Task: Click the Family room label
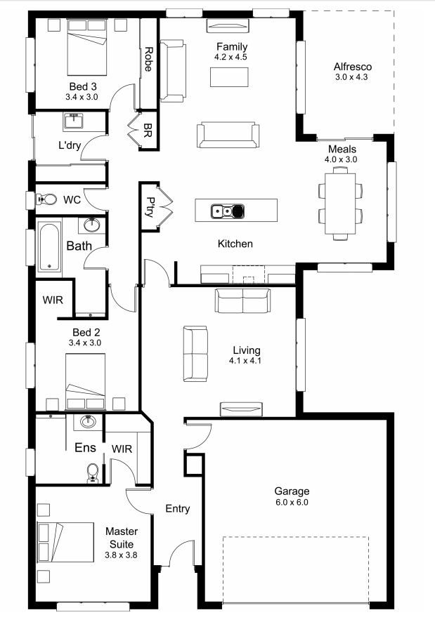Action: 232,47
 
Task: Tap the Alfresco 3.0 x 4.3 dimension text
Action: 351,77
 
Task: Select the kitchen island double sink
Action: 227,211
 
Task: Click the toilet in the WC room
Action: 47,199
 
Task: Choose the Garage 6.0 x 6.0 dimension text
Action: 292,503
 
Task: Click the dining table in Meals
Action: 340,204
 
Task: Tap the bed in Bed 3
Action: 87,47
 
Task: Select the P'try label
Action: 150,207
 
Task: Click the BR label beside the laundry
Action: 148,130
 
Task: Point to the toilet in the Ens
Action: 92,473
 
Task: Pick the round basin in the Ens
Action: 88,421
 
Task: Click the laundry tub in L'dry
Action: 73,121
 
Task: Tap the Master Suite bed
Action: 65,542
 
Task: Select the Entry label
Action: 178,509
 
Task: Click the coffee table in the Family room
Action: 229,77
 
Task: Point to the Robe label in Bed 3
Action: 148,60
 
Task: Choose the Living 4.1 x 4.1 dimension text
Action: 245,361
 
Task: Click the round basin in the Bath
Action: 92,225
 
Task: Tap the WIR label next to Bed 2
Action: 53,300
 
